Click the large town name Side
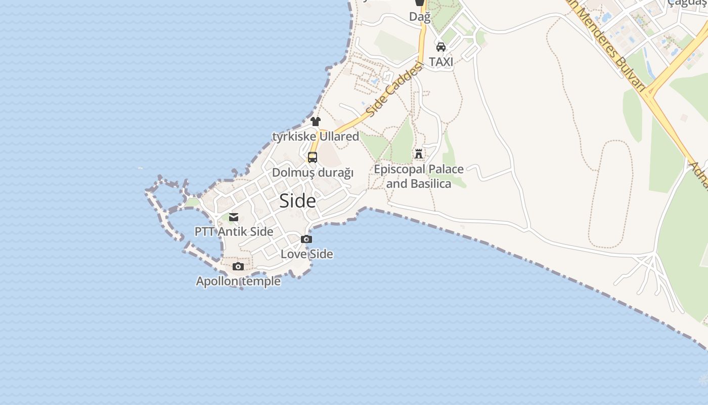tap(297, 201)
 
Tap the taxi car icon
tap(441, 47)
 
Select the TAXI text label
tap(441, 62)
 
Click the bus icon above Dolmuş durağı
tap(313, 157)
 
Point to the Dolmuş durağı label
tap(313, 173)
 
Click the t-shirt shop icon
tap(316, 121)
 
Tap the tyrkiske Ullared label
tap(316, 137)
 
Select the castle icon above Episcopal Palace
tap(419, 154)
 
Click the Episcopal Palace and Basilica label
tap(419, 176)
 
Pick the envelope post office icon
tap(234, 217)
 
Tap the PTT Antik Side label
tap(234, 232)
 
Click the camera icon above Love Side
tap(306, 239)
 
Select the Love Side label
tap(306, 254)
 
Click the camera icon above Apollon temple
tap(238, 267)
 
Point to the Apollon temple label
tap(238, 281)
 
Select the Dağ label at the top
tap(420, 17)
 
